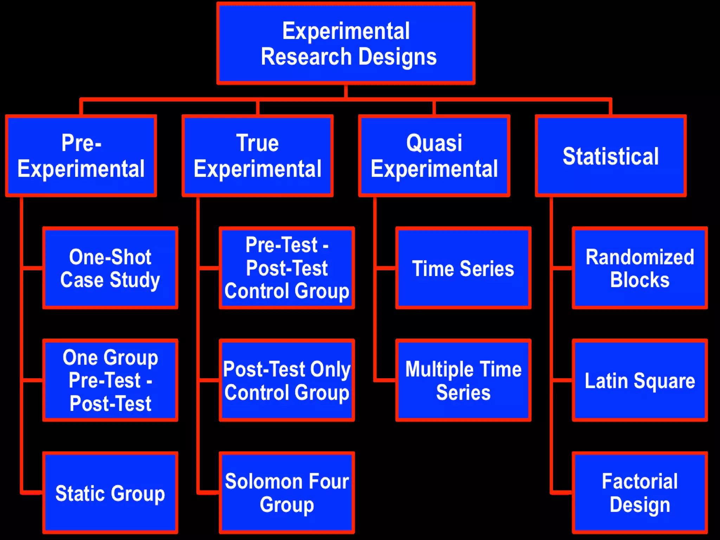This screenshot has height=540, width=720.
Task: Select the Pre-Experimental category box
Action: coord(81,156)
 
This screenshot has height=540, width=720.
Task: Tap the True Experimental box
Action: coord(257,156)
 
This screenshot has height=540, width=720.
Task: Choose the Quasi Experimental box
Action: coord(434,156)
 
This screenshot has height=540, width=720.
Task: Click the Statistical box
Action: coord(611,156)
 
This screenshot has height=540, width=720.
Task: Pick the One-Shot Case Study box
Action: coord(110,268)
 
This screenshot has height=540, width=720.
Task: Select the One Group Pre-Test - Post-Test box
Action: coord(110,380)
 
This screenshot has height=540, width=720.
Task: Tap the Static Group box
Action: coord(110,493)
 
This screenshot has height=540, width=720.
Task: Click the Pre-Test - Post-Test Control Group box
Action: coord(287,268)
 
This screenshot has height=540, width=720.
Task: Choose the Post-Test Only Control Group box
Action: coord(287,380)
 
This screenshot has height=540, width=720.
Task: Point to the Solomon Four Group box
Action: coord(287,493)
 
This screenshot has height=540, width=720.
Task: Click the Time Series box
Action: coord(463,268)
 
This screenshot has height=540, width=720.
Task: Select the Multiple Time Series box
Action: coord(463,380)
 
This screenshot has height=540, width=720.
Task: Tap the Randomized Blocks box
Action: coord(639,268)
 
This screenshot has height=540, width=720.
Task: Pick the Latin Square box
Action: coord(639,380)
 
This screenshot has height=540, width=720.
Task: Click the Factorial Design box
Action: coord(639,493)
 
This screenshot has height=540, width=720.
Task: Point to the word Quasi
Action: coord(434,143)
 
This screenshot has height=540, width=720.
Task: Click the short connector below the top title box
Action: coord(346,91)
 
